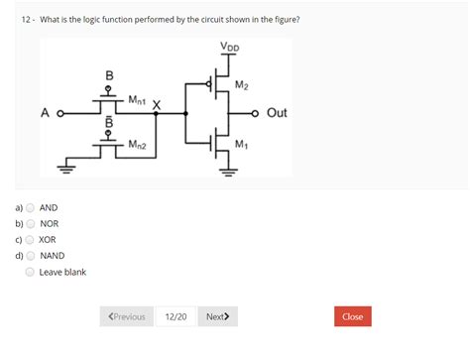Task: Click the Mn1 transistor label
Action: pos(138,100)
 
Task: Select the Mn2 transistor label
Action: pos(138,145)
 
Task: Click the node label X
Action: pos(157,105)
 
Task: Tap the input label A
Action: pos(46,113)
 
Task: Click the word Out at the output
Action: pos(277,113)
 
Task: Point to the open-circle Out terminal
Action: pos(256,113)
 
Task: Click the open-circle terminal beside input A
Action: pos(61,113)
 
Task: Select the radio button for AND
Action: pos(30,207)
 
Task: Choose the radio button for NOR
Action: pos(30,223)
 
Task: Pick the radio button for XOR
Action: pos(30,239)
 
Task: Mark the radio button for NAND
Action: pos(30,255)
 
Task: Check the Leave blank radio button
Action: pos(30,271)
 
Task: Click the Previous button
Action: pos(126,316)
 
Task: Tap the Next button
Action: pos(217,316)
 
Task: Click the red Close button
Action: pos(352,316)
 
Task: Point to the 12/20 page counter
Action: pos(176,316)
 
